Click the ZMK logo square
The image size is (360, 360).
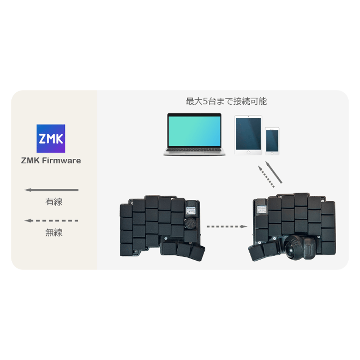51,139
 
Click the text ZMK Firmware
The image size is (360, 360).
51,161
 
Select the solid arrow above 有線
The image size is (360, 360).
51,190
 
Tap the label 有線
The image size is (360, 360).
54,202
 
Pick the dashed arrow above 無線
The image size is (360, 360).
51,220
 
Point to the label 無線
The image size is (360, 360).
54,233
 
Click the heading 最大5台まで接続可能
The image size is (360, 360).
226,101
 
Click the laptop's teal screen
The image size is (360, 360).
194,131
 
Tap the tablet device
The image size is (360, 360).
248,135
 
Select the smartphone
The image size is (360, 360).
272,141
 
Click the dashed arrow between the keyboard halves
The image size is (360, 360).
227,227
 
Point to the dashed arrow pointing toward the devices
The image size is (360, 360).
266,176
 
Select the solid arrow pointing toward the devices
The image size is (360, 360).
274,172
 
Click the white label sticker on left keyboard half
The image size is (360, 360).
190,211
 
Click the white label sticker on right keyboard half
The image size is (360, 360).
261,209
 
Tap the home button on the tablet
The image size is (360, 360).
248,153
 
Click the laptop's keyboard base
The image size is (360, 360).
194,152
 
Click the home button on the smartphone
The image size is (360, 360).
272,153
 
